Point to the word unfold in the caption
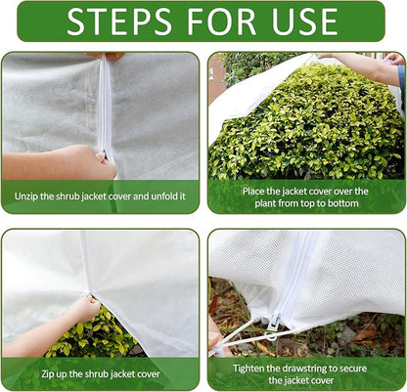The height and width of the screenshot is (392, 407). coord(160,196)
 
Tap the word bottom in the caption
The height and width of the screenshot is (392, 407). coord(342,203)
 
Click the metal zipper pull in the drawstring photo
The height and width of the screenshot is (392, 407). coord(275,317)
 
